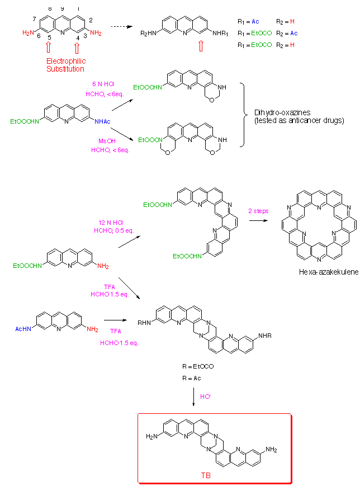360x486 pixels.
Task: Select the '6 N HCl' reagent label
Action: tap(103, 84)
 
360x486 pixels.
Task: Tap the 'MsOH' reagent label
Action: tap(100, 141)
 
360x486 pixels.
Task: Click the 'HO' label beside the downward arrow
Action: tap(206, 397)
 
